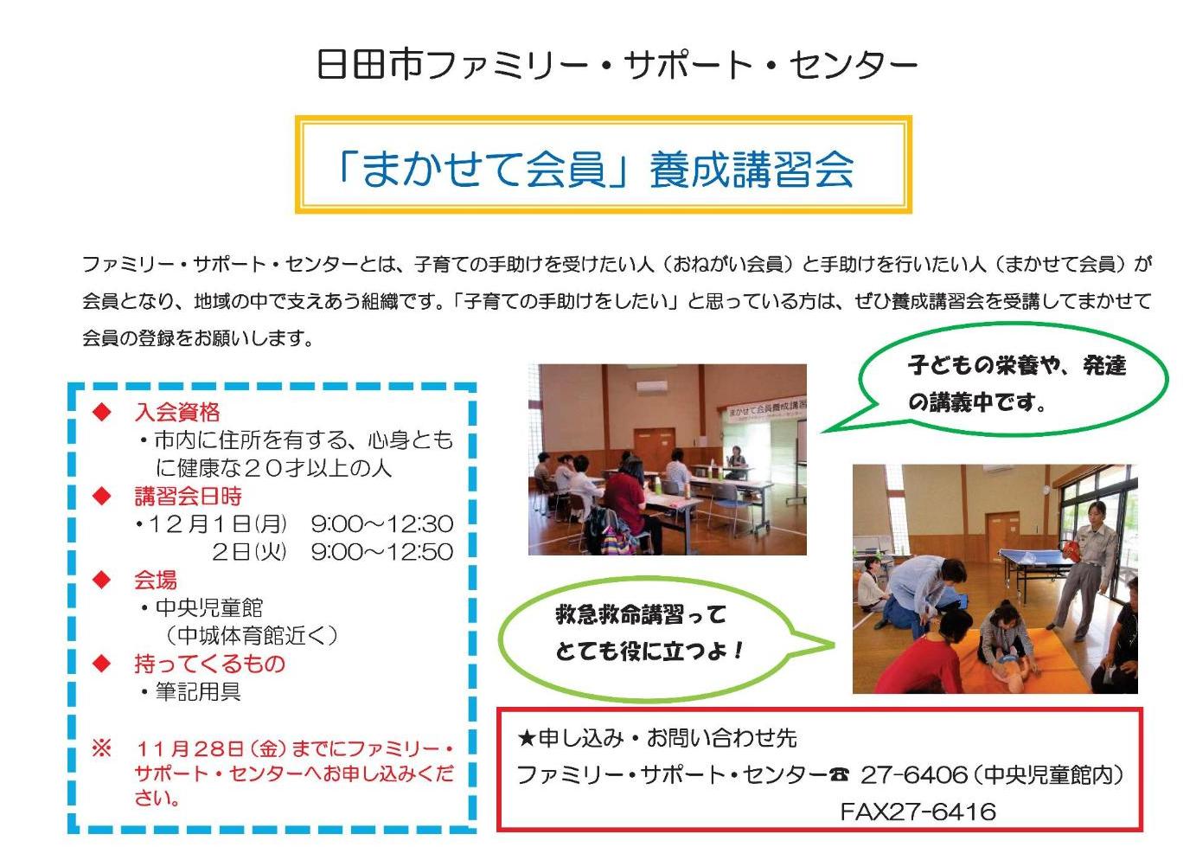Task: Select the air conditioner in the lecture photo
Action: pos(658,387)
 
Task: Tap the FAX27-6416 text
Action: pos(918,812)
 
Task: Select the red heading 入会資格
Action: pos(177,412)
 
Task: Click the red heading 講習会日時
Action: pos(188,496)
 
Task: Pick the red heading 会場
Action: pos(156,580)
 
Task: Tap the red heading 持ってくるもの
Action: pos(209,664)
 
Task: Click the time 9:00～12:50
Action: pos(381,551)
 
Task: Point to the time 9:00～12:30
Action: pos(381,523)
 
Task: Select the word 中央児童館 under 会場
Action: pos(208,607)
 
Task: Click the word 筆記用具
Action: pos(198,691)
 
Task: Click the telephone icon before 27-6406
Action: pos(839,775)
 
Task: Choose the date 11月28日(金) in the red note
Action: pos(210,748)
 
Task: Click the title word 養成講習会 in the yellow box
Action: pos(751,168)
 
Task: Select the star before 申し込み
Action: pos(527,738)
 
